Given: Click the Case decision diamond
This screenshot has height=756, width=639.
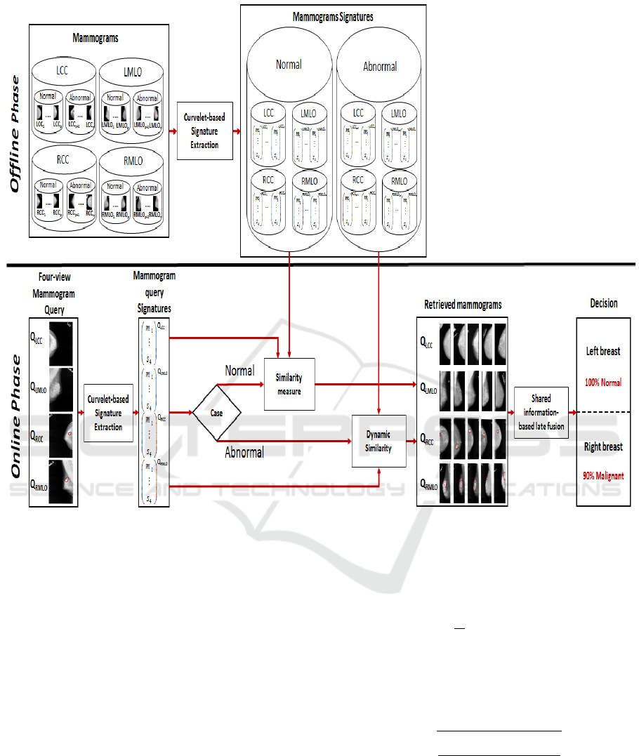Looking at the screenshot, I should (x=216, y=413).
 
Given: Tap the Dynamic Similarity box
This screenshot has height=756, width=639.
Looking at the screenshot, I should (x=379, y=442).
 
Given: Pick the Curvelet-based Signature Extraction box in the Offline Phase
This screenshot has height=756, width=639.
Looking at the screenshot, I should (x=204, y=131).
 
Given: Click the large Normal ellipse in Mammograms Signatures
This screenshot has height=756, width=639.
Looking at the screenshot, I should (x=289, y=65).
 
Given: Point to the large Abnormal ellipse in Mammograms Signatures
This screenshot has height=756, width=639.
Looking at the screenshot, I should (x=379, y=67).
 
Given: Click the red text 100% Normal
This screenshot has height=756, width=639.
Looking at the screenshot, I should (x=605, y=383).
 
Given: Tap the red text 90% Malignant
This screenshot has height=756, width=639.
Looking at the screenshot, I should (x=604, y=475).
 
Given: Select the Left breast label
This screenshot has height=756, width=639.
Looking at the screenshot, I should (x=604, y=352).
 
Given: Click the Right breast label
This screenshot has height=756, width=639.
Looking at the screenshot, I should (x=604, y=446).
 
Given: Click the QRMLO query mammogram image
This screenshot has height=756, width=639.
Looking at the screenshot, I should (x=61, y=481).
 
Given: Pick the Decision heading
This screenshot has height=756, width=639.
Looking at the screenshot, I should (x=603, y=303).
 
